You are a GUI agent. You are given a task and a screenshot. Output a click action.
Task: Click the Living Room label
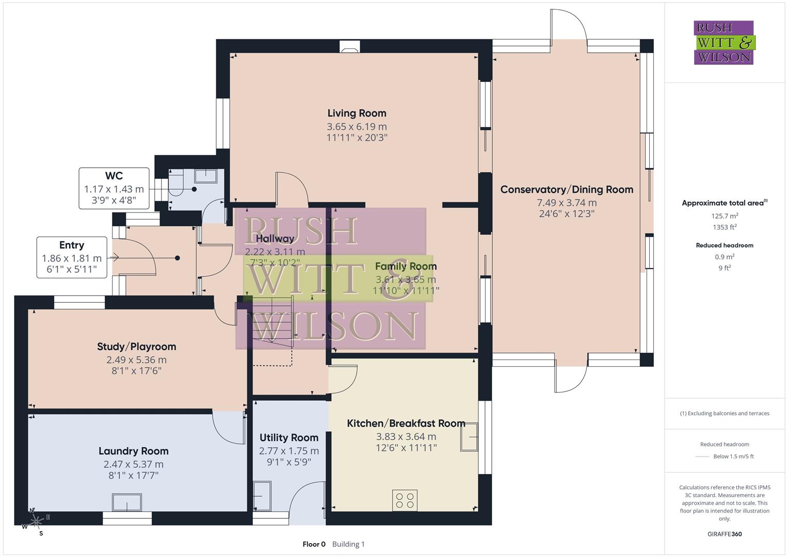point(357,113)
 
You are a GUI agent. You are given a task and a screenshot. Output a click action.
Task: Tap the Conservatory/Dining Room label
point(567,189)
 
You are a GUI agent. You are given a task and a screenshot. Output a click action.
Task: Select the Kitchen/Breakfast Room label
point(406,423)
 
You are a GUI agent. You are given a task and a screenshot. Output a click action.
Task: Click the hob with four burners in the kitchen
point(405,500)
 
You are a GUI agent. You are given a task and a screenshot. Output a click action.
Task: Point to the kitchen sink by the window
point(470,437)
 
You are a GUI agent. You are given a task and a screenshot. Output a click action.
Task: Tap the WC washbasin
point(206,176)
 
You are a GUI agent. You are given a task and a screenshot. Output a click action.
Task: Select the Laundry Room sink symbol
point(127,502)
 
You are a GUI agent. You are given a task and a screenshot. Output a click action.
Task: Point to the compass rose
point(36,522)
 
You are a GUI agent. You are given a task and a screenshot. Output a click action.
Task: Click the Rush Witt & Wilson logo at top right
point(723,43)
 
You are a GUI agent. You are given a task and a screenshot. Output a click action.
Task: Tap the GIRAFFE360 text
point(724,534)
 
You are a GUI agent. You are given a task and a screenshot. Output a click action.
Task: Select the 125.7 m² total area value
point(724,216)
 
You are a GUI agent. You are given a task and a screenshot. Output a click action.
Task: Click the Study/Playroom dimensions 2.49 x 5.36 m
point(136,360)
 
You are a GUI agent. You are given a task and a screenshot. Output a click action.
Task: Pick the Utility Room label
point(288,438)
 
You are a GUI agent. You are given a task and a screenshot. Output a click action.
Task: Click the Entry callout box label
point(72,245)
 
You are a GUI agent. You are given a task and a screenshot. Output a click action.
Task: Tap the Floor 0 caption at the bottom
point(314,544)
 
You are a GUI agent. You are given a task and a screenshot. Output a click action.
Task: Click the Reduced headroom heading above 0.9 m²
point(724,245)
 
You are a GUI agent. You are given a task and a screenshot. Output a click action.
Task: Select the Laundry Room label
point(133,451)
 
